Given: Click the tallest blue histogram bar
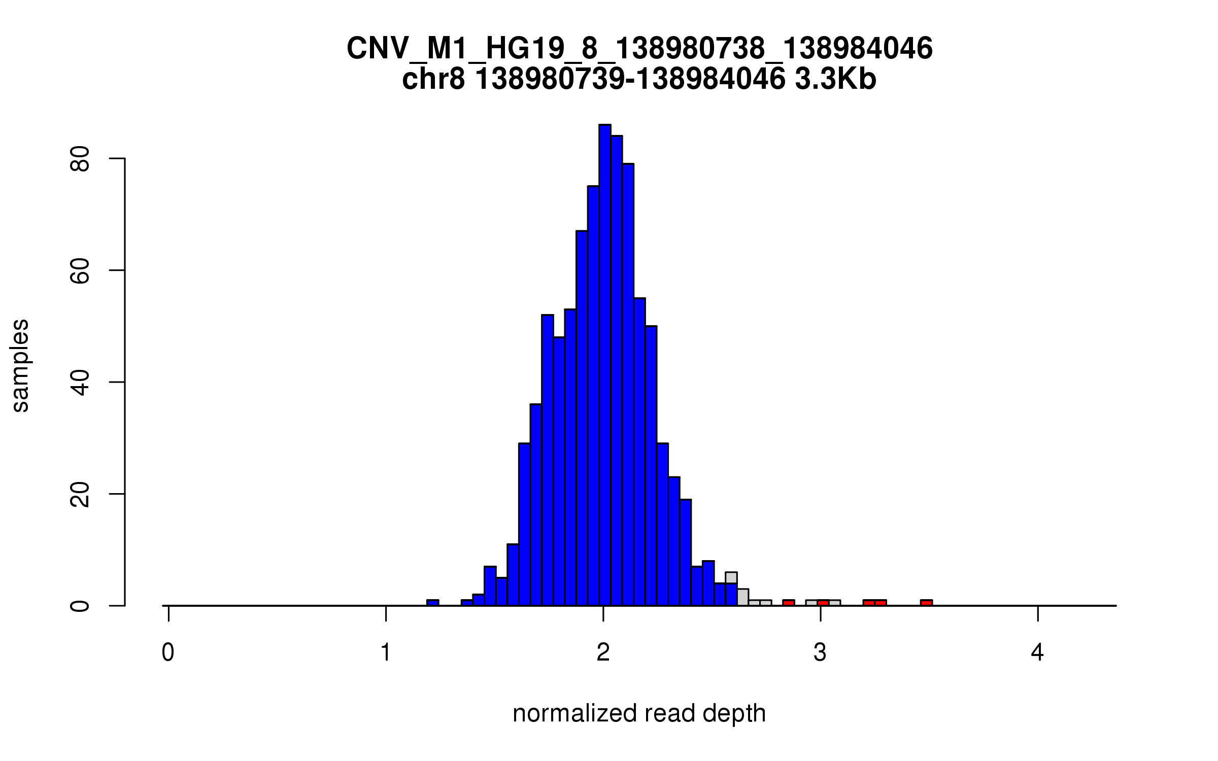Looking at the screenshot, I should [604, 365].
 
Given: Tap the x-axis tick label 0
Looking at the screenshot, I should [168, 652].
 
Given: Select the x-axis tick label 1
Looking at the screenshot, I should [386, 652].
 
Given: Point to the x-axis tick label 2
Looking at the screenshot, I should [603, 652].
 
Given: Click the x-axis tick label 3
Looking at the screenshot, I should [820, 652].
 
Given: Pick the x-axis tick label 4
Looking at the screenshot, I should [1037, 652].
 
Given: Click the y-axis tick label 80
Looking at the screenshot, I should [80, 159].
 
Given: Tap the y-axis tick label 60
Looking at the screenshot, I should [80, 270].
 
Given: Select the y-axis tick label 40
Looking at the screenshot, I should [80, 382].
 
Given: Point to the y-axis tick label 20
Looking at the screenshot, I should [80, 494].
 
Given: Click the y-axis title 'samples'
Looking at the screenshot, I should [20, 365].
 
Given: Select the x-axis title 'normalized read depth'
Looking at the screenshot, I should [639, 713].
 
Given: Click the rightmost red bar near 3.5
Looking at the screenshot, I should [926, 603].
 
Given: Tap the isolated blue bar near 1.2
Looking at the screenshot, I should [432, 603].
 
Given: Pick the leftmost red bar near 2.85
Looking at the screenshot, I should [788, 603].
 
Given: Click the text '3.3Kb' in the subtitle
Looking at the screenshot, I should [835, 80].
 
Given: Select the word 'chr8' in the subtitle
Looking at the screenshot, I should [433, 80].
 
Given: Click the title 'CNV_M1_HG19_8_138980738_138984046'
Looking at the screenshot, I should [639, 49].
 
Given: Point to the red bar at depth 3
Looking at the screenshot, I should [823, 603].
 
